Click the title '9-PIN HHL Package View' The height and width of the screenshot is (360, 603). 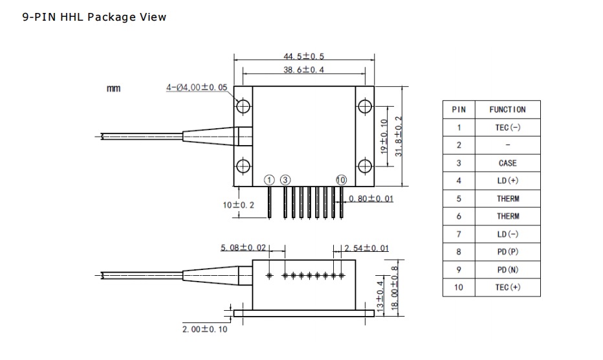point(94,17)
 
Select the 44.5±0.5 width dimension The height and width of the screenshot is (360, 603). point(303,57)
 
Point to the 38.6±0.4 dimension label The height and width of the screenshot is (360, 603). point(303,69)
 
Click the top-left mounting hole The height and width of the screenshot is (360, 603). point(243,106)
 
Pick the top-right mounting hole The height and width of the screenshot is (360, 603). point(364,106)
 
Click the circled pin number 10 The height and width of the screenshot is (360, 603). point(341,179)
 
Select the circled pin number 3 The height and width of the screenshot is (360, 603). point(285,179)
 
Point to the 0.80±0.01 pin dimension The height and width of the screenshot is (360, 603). point(371,198)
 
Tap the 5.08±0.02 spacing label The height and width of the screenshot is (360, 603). point(243,248)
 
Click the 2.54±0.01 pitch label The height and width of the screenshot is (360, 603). point(367,248)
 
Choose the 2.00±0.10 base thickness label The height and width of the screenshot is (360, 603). point(204,329)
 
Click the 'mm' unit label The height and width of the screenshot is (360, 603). point(113,88)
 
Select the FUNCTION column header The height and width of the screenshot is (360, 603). point(507,109)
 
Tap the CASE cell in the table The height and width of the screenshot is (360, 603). point(507,163)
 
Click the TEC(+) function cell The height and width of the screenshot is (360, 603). point(507,287)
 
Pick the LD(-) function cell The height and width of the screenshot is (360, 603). point(507,234)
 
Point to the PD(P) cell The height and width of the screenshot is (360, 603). point(507,252)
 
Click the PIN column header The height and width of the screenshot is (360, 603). point(459,109)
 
